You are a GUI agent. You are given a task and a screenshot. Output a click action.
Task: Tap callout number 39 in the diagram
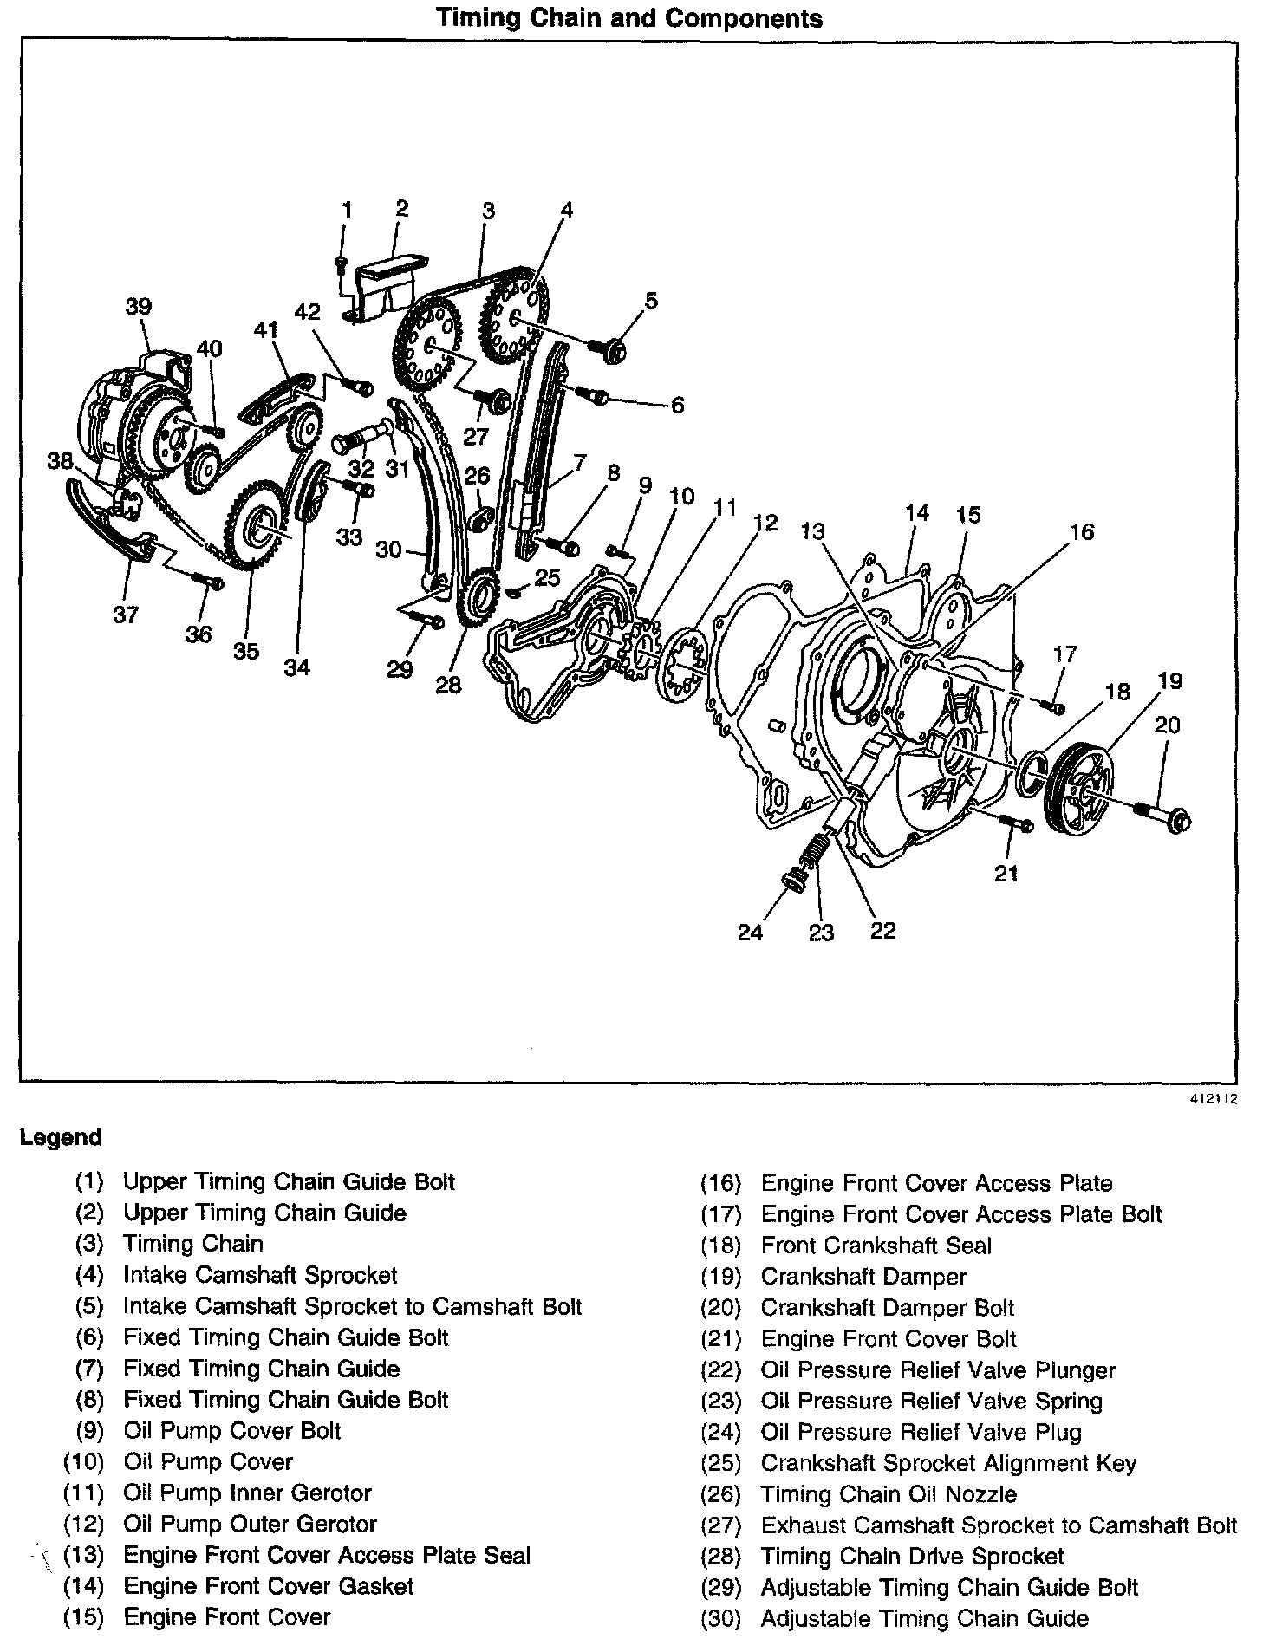tap(139, 307)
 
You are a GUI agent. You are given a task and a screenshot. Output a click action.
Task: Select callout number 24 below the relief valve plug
tap(751, 932)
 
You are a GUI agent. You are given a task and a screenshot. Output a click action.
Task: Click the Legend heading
tap(61, 1137)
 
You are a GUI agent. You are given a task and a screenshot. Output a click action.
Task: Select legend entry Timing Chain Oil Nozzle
tap(889, 1494)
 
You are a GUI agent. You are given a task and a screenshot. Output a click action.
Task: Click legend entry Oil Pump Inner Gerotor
tap(247, 1493)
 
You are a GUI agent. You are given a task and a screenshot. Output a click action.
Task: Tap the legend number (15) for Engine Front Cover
tap(84, 1618)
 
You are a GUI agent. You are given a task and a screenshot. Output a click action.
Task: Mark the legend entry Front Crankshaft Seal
tap(876, 1246)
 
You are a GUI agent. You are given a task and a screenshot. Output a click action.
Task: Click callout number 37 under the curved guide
tap(126, 615)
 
